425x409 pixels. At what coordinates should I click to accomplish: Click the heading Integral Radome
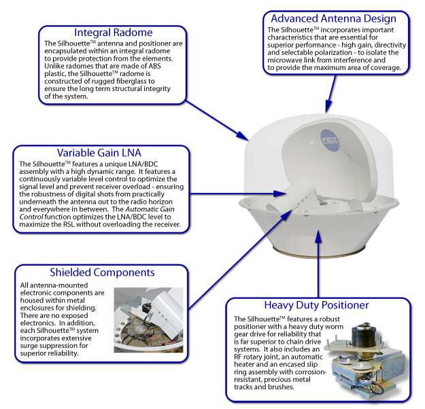click(114, 33)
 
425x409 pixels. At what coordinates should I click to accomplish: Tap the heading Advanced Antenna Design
click(333, 19)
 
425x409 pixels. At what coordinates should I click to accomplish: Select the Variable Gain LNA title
click(99, 153)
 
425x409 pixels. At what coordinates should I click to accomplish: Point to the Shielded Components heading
click(102, 272)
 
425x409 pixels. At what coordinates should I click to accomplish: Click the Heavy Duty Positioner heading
click(316, 305)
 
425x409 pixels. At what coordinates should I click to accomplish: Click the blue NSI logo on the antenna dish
click(330, 141)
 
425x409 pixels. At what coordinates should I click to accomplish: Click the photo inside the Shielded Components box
click(148, 320)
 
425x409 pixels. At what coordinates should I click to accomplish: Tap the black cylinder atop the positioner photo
click(363, 334)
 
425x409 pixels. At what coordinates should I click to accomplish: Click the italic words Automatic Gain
click(150, 209)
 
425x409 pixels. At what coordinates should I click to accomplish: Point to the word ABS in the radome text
click(154, 66)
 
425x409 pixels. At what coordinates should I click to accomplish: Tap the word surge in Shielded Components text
click(29, 346)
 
